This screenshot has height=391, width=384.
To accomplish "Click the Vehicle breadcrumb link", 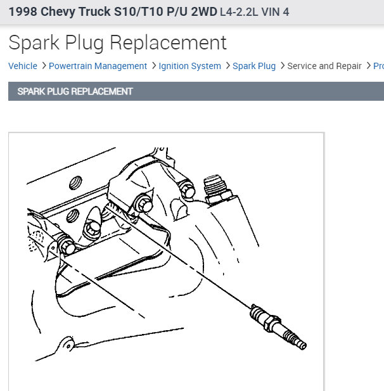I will click(23, 66).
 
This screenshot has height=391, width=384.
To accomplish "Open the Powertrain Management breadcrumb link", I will click(98, 66).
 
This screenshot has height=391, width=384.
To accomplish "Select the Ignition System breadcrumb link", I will click(189, 66).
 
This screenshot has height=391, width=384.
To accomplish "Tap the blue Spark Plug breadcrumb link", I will click(254, 66).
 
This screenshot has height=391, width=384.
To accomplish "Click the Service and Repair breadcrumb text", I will click(324, 66).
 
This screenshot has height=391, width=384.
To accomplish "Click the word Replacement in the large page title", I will click(169, 42).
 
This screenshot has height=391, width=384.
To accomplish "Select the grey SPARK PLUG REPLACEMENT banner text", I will click(75, 91).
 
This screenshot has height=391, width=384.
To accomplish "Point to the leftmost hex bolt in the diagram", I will click(67, 246).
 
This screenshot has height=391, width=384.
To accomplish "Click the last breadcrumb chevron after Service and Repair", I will click(369, 66).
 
